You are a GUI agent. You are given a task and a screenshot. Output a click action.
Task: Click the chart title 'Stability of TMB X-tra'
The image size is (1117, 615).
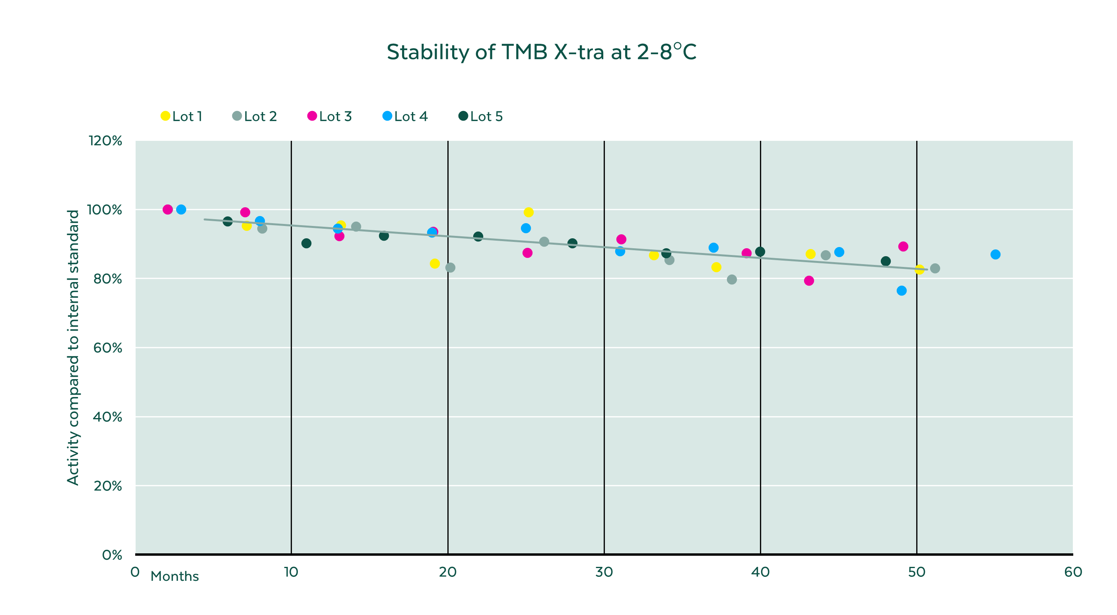[x=541, y=52]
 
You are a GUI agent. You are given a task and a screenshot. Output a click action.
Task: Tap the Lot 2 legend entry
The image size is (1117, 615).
[x=254, y=116]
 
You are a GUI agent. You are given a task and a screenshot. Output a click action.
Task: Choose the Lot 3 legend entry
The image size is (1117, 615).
[x=330, y=116]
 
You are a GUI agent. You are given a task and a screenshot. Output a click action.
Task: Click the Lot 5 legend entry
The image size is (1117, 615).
[x=480, y=116]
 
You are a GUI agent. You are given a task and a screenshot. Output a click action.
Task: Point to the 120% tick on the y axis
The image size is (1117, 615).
[x=105, y=140]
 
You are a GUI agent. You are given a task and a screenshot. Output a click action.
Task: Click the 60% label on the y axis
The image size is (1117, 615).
[x=107, y=348]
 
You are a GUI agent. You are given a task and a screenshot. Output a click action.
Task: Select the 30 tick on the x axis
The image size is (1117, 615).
[x=604, y=572]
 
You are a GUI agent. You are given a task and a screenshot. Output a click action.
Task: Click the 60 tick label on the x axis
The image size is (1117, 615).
[x=1073, y=572]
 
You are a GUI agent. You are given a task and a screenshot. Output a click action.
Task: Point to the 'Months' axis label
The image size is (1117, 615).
[x=174, y=576]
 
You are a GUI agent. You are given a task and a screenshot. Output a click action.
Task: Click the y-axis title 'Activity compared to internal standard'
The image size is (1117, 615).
[x=73, y=347]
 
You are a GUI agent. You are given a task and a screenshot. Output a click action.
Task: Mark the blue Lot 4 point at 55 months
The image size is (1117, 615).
[x=995, y=255]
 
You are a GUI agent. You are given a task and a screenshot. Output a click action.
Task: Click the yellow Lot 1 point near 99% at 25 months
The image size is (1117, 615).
[x=528, y=212]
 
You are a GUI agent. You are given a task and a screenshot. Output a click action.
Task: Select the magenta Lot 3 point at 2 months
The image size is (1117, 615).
[x=168, y=210]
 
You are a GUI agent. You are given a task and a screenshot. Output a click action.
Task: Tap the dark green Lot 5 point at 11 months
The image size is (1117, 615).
[x=306, y=243]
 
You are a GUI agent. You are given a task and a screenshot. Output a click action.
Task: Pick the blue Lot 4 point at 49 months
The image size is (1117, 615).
[x=901, y=290]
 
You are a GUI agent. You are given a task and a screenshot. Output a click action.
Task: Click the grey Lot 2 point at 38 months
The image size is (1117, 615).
[x=732, y=280]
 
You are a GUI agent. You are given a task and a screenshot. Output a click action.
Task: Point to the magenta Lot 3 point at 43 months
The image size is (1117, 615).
[x=809, y=280]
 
